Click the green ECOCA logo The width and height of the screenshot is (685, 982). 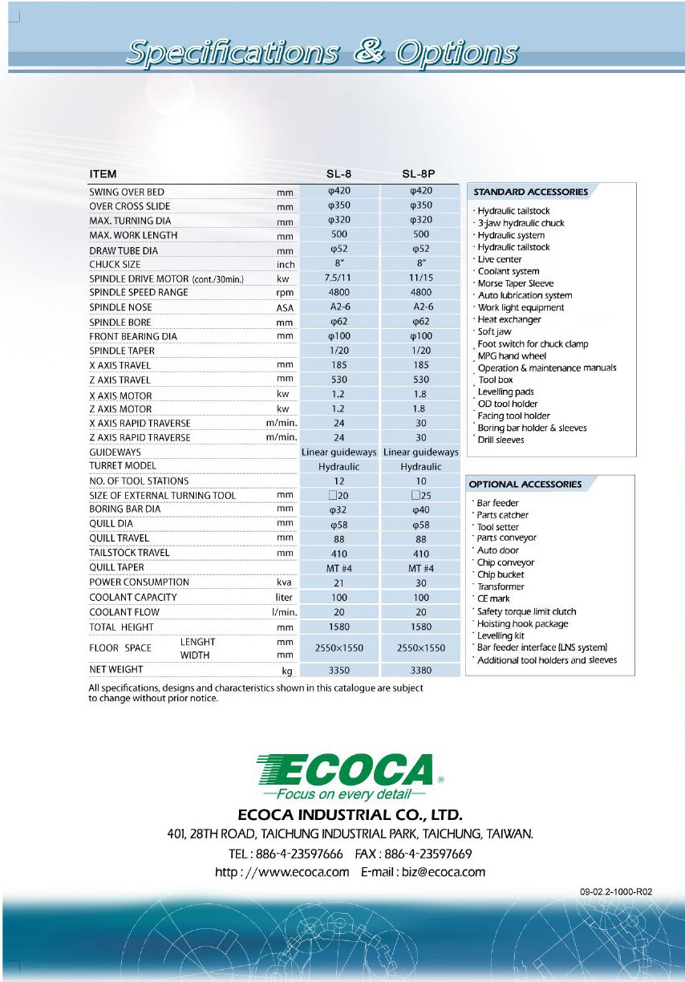[345, 772]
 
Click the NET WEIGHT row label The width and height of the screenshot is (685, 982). [116, 669]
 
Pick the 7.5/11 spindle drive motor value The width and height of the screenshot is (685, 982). [339, 278]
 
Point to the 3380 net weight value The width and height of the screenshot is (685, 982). [421, 669]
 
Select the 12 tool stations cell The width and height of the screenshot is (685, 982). [339, 481]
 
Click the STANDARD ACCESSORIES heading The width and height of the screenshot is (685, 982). [530, 192]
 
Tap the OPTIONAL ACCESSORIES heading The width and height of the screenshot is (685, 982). [525, 484]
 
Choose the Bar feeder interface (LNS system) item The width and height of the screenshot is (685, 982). [542, 647]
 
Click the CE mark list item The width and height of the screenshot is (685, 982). [493, 599]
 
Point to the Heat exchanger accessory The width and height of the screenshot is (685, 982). [509, 319]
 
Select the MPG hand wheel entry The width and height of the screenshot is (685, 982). [512, 355]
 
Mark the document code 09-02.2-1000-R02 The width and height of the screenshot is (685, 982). [616, 891]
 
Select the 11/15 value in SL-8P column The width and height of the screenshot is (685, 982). [421, 278]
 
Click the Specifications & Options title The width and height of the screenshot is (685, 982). [322, 53]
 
